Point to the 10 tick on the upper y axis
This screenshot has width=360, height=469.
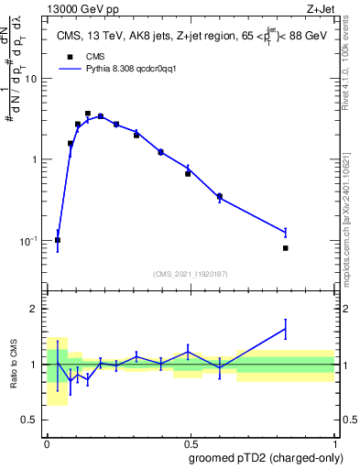[x=35, y=79]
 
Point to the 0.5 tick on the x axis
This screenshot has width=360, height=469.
[x=191, y=442]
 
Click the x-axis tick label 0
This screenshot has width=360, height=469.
[x=47, y=442]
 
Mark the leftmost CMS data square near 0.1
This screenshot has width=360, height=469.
[x=58, y=240]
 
